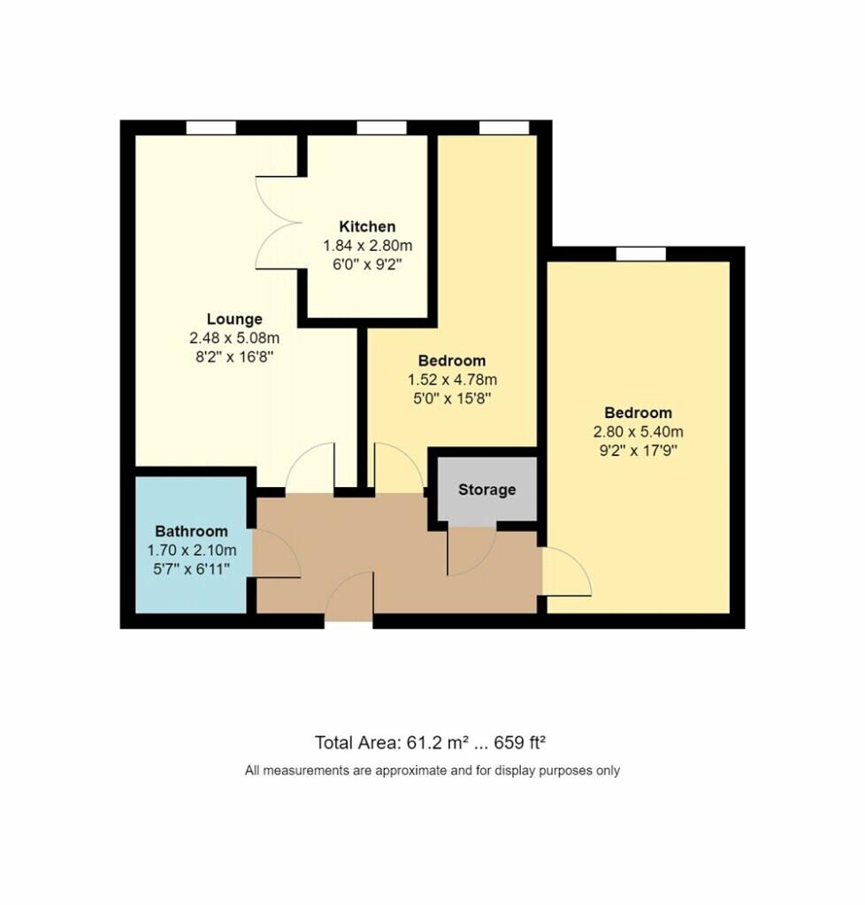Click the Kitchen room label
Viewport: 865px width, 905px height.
click(367, 227)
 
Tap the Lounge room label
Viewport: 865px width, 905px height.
click(234, 319)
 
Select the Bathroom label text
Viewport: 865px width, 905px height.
click(191, 531)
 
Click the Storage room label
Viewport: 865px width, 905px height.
click(486, 490)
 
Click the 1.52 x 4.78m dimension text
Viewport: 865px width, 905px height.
click(452, 380)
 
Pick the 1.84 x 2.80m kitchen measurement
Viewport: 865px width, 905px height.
click(367, 245)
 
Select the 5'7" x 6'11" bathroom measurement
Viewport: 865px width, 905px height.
click(191, 569)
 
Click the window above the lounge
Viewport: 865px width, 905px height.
click(211, 128)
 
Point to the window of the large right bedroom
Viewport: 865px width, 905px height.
click(640, 255)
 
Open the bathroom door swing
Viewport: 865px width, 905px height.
click(275, 554)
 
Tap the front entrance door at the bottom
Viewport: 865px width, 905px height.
click(349, 601)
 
